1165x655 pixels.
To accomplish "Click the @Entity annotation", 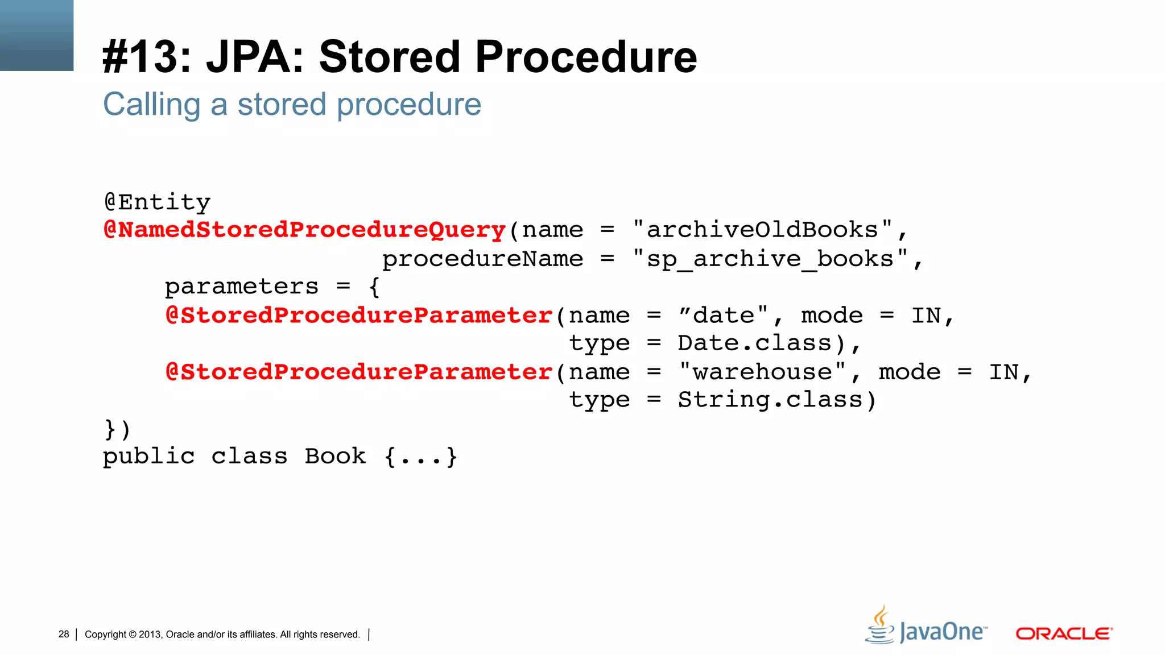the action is (x=157, y=202).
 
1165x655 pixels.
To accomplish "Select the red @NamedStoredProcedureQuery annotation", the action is (x=305, y=230).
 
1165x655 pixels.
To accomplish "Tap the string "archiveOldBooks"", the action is (x=762, y=230).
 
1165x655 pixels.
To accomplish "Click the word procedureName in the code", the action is (x=482, y=259).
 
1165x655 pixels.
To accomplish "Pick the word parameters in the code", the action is (x=242, y=287).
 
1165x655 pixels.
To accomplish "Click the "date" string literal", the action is (x=723, y=315).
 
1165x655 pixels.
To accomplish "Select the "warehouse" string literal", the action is (x=762, y=372).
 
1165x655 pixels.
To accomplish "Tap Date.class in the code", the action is (x=754, y=343).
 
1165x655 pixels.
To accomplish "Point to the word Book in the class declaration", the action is (x=335, y=456).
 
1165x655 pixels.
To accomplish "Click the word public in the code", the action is (x=149, y=457).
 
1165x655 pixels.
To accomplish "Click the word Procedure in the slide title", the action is (x=586, y=57).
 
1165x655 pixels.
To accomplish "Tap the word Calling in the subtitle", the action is (x=151, y=105).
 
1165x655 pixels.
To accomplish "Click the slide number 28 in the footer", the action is (x=64, y=634).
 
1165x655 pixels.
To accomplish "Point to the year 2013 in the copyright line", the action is (x=150, y=635).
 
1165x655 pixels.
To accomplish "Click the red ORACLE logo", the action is (x=1064, y=633).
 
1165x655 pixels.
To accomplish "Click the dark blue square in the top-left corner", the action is (x=36, y=35).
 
